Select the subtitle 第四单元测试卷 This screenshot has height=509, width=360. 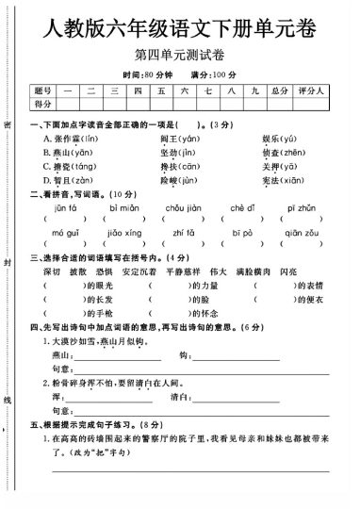tap(179, 61)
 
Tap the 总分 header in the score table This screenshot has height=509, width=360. tap(278, 91)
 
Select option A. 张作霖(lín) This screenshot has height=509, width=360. tap(68, 139)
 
